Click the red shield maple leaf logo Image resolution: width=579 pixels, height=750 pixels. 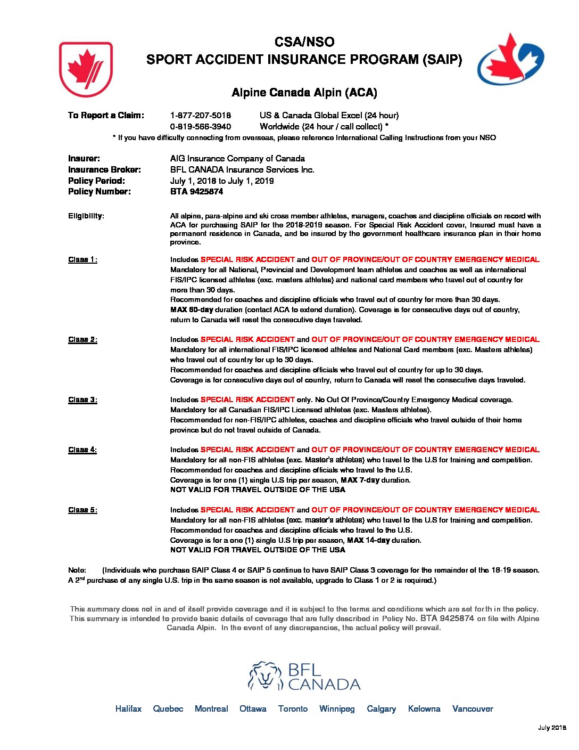(86, 69)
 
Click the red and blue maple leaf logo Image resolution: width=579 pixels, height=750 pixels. (510, 60)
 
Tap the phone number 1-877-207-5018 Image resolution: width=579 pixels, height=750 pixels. (200, 115)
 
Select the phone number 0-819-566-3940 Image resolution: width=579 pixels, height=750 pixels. (200, 126)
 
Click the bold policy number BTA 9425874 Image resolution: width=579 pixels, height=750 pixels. (196, 191)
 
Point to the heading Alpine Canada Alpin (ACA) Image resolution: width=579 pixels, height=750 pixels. (304, 93)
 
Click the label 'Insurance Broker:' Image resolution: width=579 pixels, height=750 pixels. (104, 169)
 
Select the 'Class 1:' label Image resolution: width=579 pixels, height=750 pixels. (82, 259)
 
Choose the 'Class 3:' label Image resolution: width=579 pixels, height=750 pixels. (82, 400)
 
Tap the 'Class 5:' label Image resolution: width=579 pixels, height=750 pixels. (82, 510)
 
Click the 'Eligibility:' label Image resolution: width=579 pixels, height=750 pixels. (86, 216)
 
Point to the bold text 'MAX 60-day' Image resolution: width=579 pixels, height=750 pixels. (192, 309)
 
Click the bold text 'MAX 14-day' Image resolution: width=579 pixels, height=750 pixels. (368, 540)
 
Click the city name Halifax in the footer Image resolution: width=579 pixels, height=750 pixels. (128, 708)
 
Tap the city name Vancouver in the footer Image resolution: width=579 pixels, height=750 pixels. (472, 708)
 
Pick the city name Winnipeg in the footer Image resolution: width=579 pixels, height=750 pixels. (337, 708)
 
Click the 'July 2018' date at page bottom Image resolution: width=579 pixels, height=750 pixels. (552, 728)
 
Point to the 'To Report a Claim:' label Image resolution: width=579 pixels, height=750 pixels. (106, 115)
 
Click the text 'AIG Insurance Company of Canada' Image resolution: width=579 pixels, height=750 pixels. (237, 158)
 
